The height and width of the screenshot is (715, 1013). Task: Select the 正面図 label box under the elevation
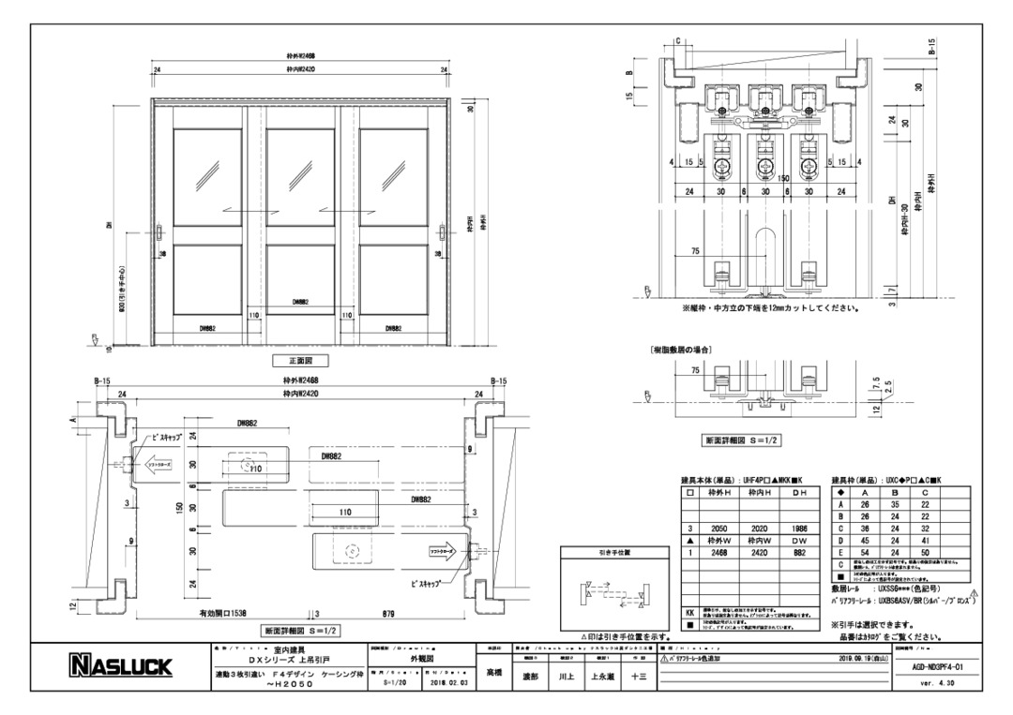[x=301, y=360]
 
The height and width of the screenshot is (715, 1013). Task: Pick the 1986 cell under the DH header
[x=800, y=529]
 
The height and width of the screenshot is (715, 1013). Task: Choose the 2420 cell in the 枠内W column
[x=762, y=553]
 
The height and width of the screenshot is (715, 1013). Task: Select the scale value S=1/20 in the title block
[x=398, y=683]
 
